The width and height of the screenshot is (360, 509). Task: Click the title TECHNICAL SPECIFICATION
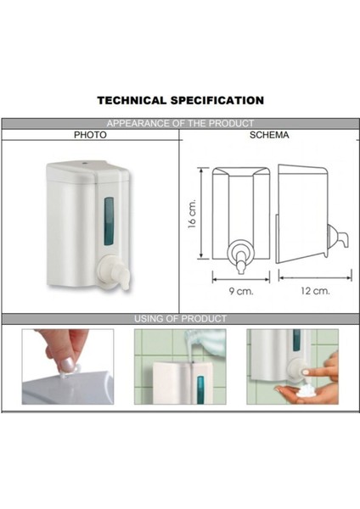click(180, 100)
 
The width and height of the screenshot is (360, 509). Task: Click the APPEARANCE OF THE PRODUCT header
click(180, 124)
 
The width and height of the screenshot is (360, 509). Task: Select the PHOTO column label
click(90, 135)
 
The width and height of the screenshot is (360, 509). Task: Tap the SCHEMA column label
click(268, 135)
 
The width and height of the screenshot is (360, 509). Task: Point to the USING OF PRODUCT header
click(180, 319)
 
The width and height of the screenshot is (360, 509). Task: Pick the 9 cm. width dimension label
click(240, 291)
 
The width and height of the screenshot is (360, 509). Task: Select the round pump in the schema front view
click(240, 252)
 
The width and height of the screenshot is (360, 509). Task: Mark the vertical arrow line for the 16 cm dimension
click(202, 214)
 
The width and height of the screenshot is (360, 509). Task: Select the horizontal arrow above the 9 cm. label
click(240, 277)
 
